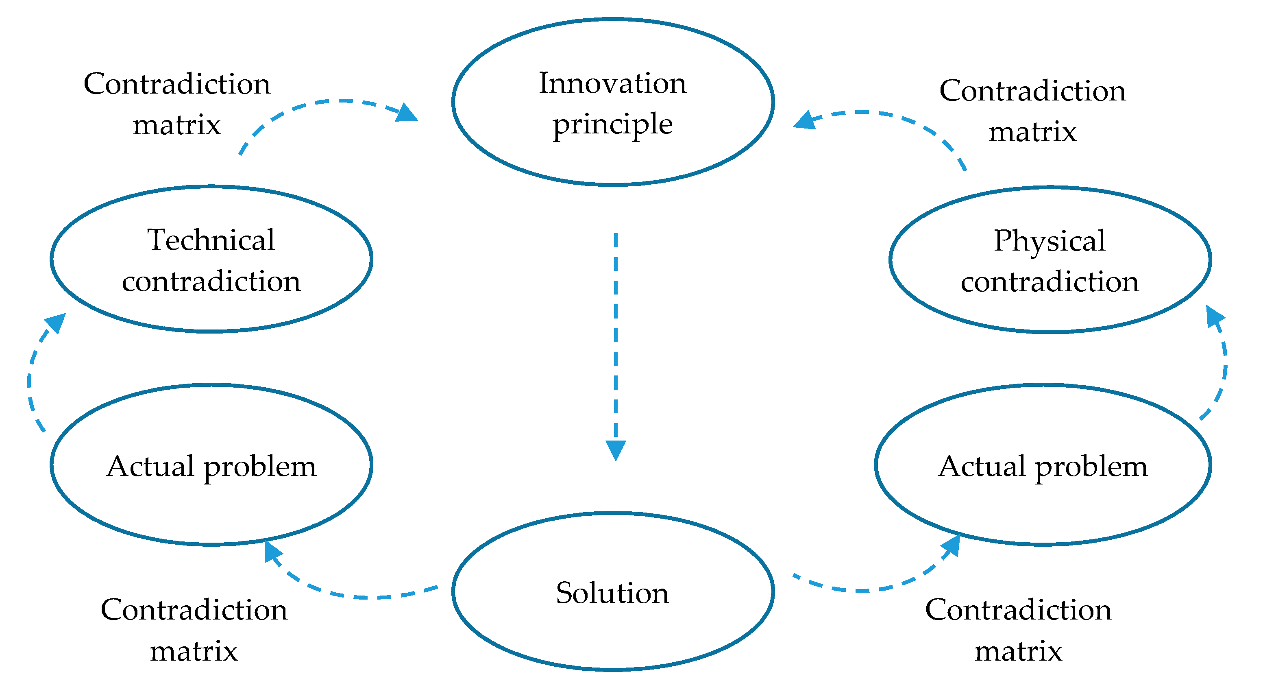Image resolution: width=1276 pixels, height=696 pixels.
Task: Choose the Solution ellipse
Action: [613, 639]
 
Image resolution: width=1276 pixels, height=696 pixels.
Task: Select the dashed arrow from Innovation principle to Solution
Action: [616, 337]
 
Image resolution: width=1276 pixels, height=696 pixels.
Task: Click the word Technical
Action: [211, 240]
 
